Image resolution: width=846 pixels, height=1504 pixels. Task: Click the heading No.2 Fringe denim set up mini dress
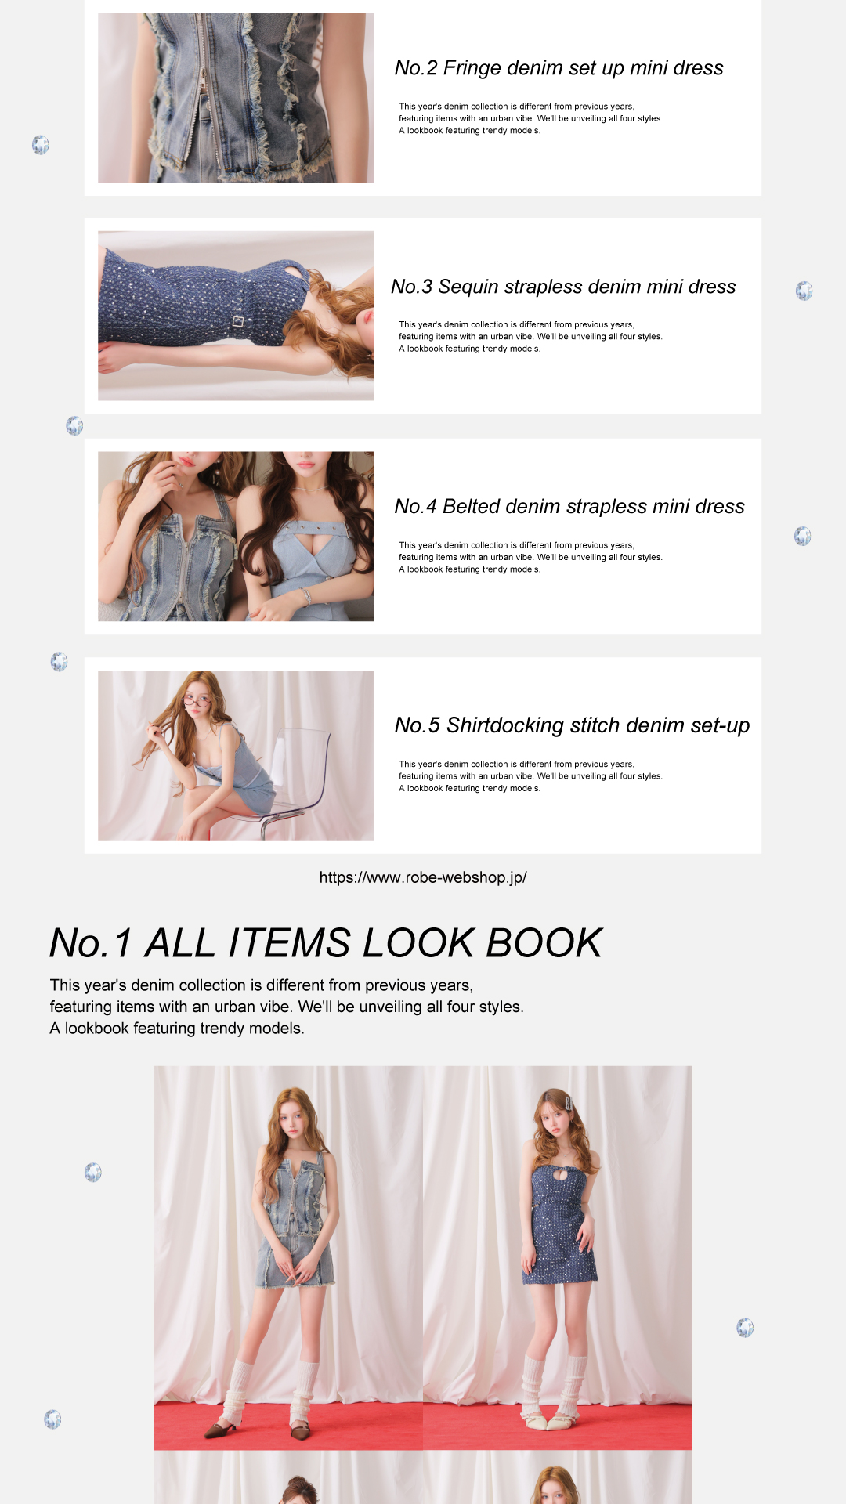[x=559, y=68]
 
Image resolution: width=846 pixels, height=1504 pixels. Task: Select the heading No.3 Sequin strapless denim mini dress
[x=563, y=287]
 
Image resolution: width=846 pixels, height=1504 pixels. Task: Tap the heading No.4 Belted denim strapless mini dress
[x=569, y=507]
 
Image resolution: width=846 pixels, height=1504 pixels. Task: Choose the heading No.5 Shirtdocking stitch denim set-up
[x=572, y=725]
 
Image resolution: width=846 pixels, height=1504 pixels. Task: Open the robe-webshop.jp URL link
[x=423, y=877]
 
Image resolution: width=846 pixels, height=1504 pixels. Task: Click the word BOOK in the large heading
[x=544, y=943]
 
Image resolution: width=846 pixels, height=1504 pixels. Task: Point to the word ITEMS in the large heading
[x=289, y=943]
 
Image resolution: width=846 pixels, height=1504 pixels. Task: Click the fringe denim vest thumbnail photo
[x=236, y=97]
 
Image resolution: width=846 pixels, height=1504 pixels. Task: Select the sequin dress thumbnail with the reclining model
[x=236, y=316]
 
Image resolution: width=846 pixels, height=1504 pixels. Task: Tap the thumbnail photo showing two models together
[x=236, y=537]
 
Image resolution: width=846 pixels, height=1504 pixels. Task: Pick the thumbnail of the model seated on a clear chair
[x=236, y=755]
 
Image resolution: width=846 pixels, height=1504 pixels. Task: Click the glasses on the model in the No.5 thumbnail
[x=197, y=702]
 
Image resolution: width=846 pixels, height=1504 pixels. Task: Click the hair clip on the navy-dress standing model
[x=568, y=1104]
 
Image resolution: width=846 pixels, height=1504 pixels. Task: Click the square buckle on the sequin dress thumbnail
[x=238, y=321]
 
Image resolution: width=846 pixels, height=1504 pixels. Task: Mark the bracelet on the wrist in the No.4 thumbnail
[x=306, y=597]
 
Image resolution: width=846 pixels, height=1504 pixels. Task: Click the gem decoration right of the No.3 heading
[x=804, y=291]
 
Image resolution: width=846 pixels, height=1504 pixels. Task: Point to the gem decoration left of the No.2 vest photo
[x=41, y=145]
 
